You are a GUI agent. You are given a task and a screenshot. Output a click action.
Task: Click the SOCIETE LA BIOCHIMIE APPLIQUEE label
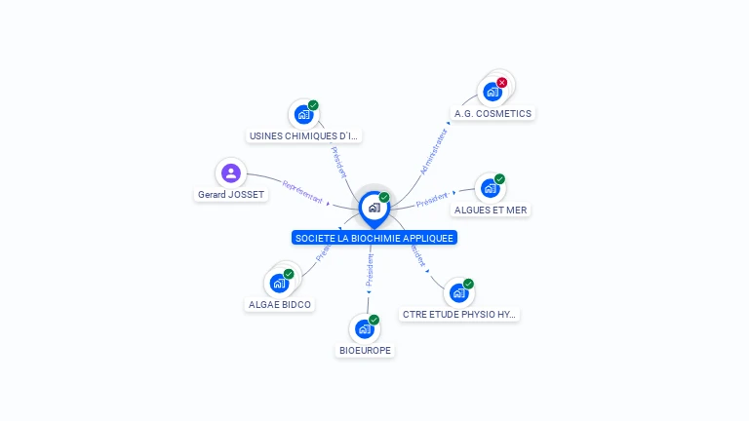pos(374,238)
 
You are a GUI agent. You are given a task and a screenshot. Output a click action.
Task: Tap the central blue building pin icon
pos(374,208)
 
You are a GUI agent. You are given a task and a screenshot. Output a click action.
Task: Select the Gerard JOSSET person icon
pos(231,173)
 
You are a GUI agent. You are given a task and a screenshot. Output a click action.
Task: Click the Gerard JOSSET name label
pos(231,195)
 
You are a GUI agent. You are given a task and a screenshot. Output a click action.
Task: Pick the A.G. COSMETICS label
pos(493,113)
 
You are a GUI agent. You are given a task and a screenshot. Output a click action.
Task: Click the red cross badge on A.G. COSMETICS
pos(502,83)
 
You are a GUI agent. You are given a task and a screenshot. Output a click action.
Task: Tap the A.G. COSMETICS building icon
pos(493,93)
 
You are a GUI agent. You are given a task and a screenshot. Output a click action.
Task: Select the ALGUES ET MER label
pos(492,210)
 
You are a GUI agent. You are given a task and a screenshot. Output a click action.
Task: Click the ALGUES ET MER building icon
pos(490,188)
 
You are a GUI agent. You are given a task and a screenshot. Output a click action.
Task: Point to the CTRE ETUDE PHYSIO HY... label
pos(460,315)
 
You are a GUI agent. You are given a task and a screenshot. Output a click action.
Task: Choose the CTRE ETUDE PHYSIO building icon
pos(458,293)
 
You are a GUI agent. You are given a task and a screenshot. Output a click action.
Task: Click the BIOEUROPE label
pos(365,350)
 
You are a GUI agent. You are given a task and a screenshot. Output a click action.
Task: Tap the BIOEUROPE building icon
pos(364,329)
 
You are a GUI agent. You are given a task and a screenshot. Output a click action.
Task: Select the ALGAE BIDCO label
pos(280,304)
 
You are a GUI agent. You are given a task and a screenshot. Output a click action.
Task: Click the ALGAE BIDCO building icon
pos(279,284)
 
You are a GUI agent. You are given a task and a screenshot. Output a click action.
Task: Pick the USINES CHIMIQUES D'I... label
pos(303,136)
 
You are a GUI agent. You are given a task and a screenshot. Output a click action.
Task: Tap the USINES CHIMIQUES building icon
pos(303,115)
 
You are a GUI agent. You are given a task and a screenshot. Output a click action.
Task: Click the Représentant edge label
pos(301,190)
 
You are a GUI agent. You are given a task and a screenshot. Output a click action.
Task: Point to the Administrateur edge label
pos(433,151)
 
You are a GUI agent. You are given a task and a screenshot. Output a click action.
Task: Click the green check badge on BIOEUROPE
pos(374,320)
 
